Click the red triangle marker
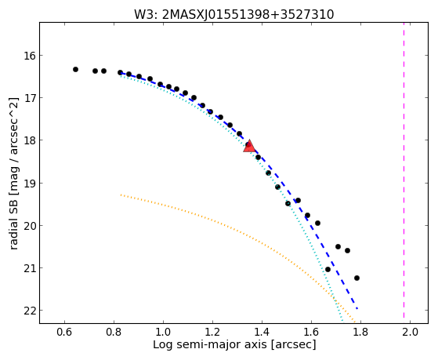point(249,147)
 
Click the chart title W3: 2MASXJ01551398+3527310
point(233,14)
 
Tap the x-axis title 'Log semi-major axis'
point(210,344)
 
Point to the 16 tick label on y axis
point(28,56)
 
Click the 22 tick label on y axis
point(28,311)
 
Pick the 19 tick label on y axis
point(28,184)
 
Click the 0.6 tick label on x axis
point(64,333)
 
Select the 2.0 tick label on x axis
point(410,333)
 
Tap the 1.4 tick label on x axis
point(262,333)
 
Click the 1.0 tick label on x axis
point(163,333)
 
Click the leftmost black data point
point(75,69)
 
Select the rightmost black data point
point(357,278)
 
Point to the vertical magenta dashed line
point(404,170)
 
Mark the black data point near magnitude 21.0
point(328,269)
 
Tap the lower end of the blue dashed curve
point(357,309)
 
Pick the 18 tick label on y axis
point(28,140)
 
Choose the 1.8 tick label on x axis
point(360,333)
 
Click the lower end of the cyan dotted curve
point(342,319)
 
